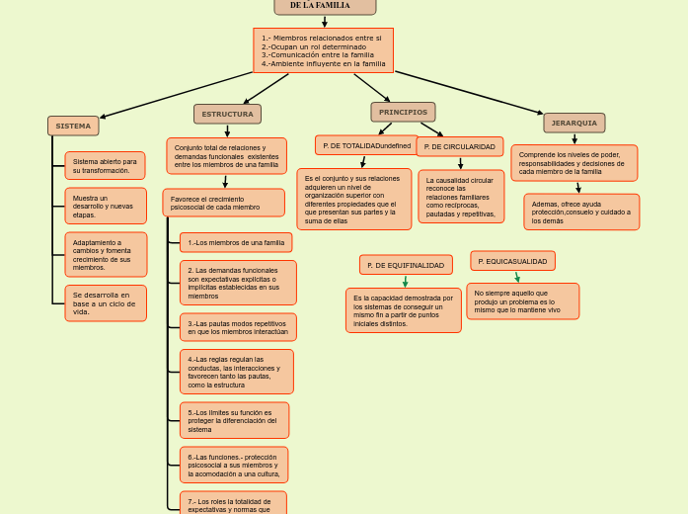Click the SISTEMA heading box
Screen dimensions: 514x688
point(73,126)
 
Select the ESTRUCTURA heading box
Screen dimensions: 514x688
point(227,114)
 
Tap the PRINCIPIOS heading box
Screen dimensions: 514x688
point(403,112)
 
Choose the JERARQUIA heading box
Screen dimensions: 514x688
point(573,123)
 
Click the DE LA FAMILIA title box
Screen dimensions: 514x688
point(325,7)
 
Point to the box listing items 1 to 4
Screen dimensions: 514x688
point(323,50)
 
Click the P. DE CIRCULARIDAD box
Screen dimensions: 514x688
point(459,146)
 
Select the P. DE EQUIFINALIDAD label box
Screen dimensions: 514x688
point(406,265)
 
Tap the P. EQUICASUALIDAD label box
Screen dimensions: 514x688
point(512,261)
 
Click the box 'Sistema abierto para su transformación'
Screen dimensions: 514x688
point(105,166)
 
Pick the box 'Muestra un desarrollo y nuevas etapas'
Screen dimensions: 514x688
point(105,206)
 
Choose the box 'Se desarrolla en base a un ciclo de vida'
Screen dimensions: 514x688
point(105,303)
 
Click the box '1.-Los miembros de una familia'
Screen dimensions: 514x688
point(236,242)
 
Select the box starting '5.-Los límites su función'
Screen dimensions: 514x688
point(234,420)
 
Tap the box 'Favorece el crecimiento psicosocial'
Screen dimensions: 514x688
point(223,203)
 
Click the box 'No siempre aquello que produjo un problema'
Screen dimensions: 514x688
point(522,301)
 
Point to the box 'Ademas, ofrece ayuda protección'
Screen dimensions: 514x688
point(580,212)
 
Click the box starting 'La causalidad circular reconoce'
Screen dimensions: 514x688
point(460,197)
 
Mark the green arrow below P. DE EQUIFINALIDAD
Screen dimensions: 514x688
point(406,281)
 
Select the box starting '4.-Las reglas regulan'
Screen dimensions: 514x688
point(236,372)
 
